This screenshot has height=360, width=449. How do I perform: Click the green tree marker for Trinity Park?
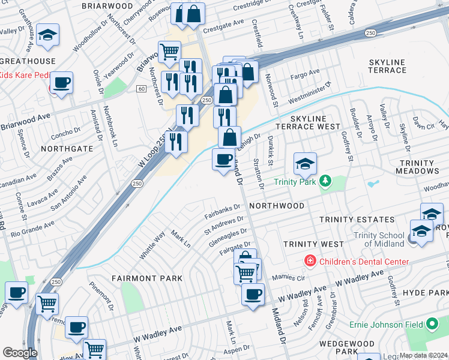[x=325, y=181]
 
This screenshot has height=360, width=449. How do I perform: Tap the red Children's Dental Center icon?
[x=310, y=261]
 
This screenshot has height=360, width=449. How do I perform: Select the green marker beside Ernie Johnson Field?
[x=431, y=325]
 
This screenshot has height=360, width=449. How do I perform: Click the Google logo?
[x=20, y=353]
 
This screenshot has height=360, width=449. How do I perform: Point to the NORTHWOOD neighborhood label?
[x=277, y=205]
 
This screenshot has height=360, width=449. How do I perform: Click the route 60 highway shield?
[x=141, y=89]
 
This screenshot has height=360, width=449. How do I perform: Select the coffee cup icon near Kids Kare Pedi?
[x=62, y=82]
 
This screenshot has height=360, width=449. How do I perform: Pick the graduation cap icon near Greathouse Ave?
[x=47, y=35]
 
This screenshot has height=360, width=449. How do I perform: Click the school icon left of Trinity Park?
[x=305, y=163]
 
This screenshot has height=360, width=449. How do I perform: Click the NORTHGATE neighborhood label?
[x=67, y=148]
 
